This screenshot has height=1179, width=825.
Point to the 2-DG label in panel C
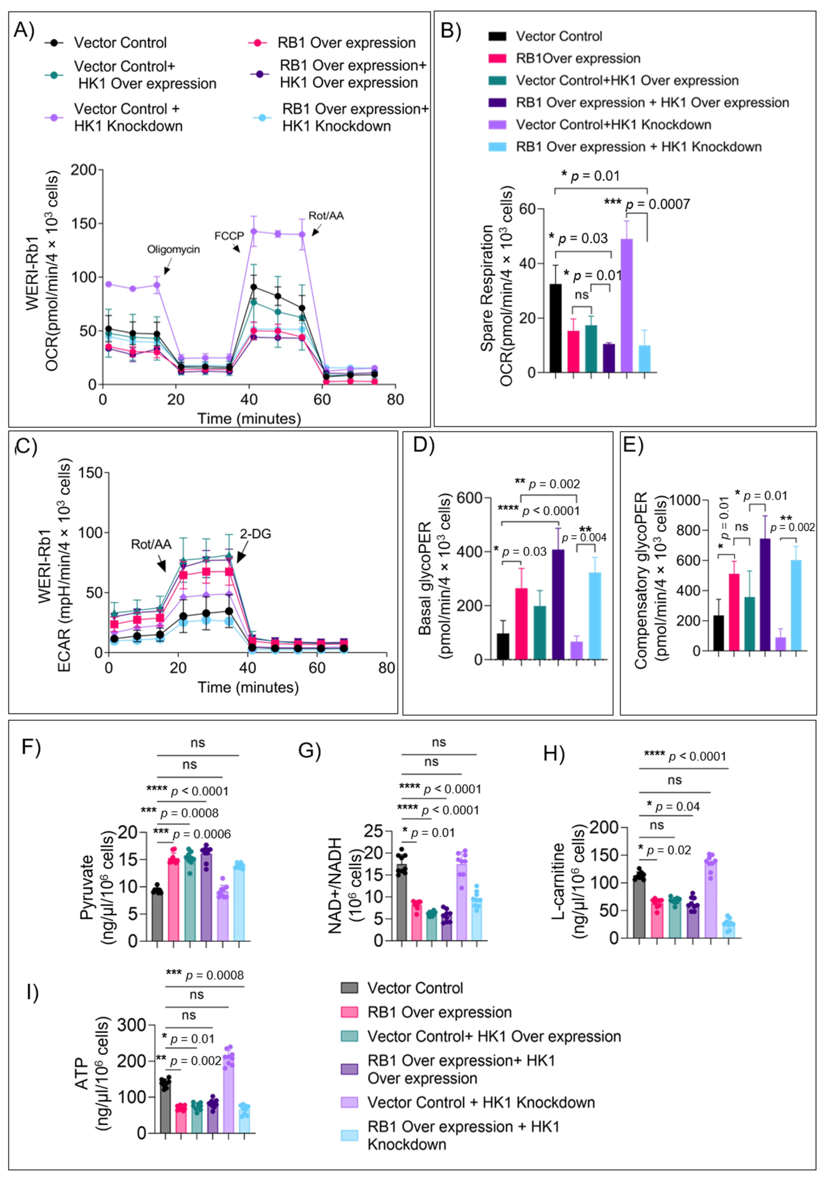tap(255, 534)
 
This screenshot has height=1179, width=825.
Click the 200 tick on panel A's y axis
tap(84, 170)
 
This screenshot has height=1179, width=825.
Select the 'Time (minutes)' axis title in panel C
tap(248, 688)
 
